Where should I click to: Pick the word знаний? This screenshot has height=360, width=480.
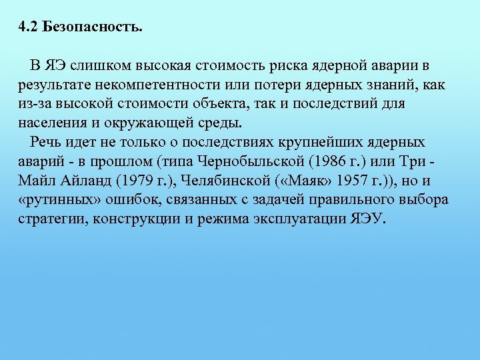[395, 86]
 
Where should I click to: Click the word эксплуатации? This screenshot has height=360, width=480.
[307, 219]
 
